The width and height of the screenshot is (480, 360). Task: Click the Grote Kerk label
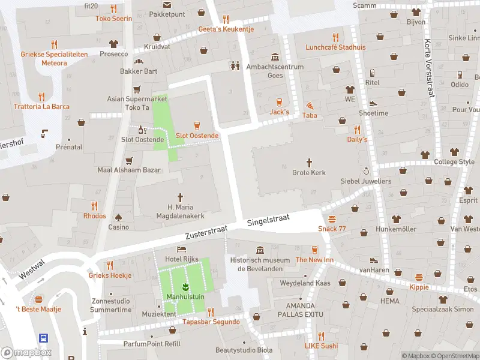tap(309, 173)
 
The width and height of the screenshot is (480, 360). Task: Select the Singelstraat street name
tap(268, 221)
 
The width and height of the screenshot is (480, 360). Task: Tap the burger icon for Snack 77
tap(332, 218)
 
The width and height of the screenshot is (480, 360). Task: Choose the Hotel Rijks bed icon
tap(181, 249)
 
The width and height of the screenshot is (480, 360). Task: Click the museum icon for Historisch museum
tap(259, 250)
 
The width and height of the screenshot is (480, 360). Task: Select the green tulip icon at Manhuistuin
tap(186, 284)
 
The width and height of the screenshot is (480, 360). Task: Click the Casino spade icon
tap(118, 217)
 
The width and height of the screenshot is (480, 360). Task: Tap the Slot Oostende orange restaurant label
tap(197, 136)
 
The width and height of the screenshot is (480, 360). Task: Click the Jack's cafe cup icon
tap(279, 101)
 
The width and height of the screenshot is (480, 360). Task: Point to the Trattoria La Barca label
tap(41, 107)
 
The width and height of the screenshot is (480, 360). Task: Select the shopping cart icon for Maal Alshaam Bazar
tap(129, 160)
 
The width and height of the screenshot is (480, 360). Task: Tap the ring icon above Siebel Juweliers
tap(365, 171)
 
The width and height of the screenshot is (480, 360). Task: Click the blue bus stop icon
tap(44, 338)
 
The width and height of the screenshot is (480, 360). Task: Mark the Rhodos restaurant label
tap(95, 216)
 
